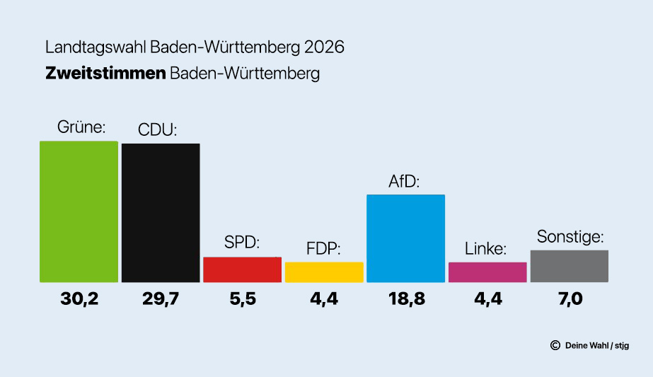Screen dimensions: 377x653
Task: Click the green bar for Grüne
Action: [79, 211]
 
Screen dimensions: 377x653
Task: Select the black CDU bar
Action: [161, 213]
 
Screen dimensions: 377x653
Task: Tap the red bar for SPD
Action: [242, 269]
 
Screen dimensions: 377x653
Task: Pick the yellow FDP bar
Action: [324, 272]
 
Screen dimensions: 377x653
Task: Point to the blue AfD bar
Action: [405, 238]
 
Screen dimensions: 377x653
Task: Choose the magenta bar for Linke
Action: [487, 272]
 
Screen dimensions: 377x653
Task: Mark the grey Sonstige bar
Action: [569, 266]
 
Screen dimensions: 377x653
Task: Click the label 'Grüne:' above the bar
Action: [81, 129]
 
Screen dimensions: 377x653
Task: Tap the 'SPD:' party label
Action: [242, 243]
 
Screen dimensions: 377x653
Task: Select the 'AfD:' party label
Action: [405, 181]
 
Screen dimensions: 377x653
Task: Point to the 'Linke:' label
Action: [486, 249]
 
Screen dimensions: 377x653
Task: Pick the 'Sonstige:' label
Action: [570, 236]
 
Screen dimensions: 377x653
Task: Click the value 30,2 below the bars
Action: [79, 299]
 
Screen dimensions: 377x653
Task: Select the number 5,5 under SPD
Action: [242, 299]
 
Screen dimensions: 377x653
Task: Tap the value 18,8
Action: [405, 299]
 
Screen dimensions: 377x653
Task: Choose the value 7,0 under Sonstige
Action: [569, 299]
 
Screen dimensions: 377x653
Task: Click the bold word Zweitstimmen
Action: [105, 74]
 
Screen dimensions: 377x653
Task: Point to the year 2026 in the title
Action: [323, 48]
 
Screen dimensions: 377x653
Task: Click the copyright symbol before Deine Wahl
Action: [555, 345]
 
